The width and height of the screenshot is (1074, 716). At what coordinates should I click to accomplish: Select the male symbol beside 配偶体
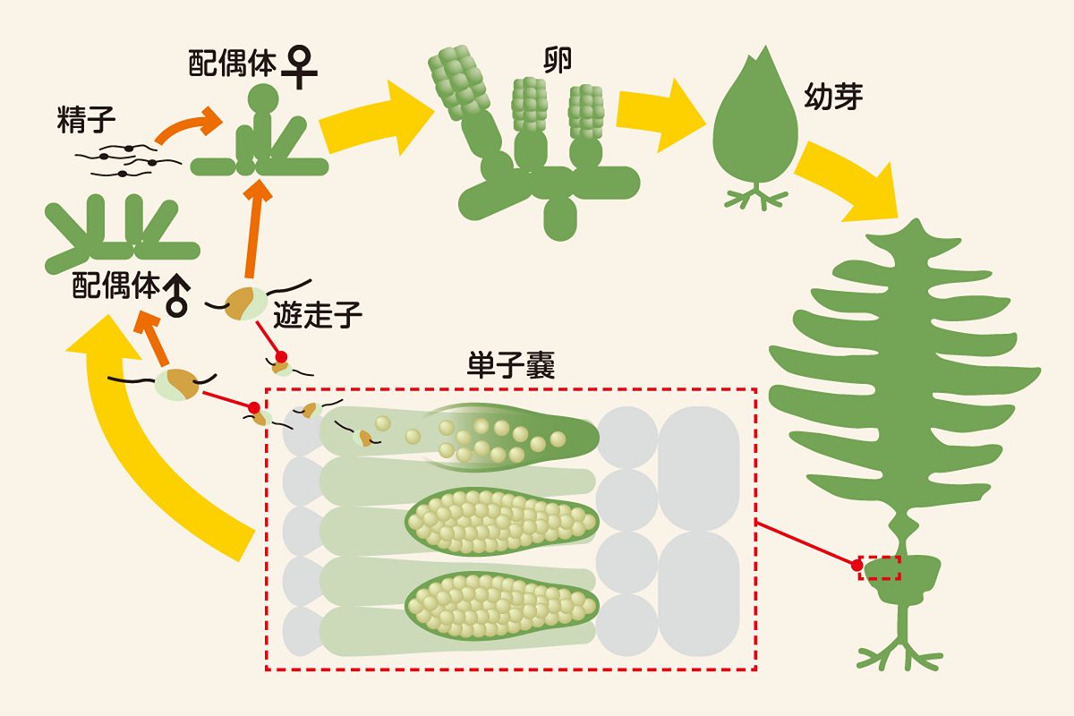[179, 293]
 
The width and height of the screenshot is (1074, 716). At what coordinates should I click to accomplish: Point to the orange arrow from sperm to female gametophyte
[188, 125]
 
